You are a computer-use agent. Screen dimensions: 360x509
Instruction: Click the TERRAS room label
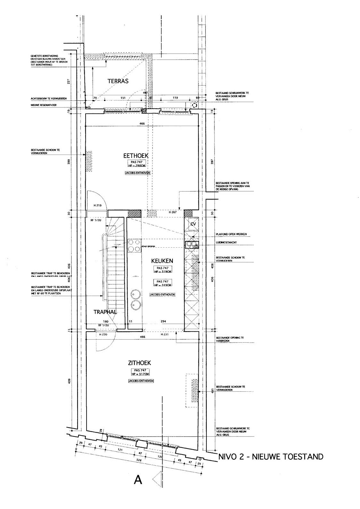(x=118, y=81)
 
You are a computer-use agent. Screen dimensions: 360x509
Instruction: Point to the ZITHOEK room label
(x=139, y=363)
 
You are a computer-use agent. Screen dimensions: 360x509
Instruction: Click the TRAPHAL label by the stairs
(x=105, y=312)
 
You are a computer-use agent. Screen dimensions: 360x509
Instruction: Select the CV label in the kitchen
(x=193, y=224)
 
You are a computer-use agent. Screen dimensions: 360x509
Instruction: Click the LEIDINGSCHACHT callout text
(x=226, y=242)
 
